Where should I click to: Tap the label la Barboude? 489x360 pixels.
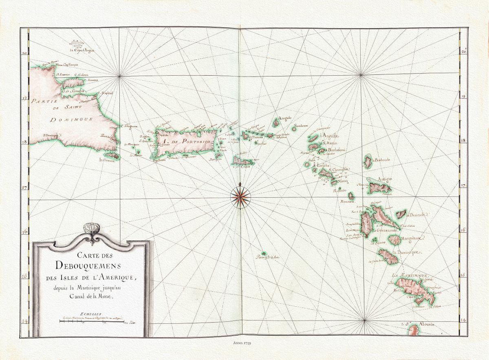coord(381,160)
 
